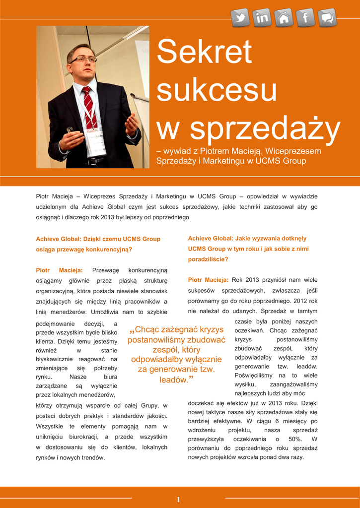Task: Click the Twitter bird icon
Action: click(241, 18)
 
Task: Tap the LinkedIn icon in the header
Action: click(262, 18)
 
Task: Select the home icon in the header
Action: click(284, 18)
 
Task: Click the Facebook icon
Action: click(306, 18)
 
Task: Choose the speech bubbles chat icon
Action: click(327, 18)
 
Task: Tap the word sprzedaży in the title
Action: click(266, 127)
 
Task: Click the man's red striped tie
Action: click(89, 107)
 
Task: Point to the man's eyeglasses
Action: click(83, 60)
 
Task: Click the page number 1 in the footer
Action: click(178, 499)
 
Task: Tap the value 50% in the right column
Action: click(295, 439)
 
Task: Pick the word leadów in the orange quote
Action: click(174, 380)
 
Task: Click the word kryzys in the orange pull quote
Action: click(208, 329)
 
